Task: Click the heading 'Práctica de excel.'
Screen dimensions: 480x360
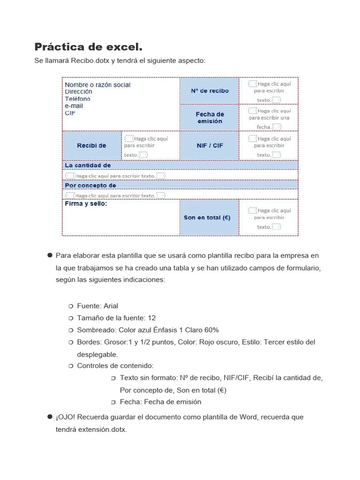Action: [88, 47]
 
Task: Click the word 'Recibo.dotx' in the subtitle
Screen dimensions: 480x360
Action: [90, 61]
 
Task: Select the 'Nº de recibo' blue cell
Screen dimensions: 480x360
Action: [210, 90]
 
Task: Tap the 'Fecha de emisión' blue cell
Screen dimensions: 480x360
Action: [210, 118]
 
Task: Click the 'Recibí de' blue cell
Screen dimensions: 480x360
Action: [91, 145]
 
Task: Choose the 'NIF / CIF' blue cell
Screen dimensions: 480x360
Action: [210, 145]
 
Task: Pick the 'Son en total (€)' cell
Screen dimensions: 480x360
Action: [207, 217]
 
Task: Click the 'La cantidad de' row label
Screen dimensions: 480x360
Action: [88, 165]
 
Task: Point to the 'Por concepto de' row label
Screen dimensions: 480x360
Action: [90, 186]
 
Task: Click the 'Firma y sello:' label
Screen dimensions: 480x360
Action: [86, 204]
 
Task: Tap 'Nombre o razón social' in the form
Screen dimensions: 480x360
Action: [97, 85]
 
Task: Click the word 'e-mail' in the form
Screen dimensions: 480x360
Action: [74, 106]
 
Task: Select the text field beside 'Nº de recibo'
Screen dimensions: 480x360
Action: [269, 91]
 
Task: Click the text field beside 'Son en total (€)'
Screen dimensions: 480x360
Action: [269, 218]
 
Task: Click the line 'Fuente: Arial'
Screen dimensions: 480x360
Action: [97, 306]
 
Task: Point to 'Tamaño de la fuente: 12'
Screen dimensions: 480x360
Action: [116, 318]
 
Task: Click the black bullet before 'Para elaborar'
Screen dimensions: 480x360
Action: [49, 255]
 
